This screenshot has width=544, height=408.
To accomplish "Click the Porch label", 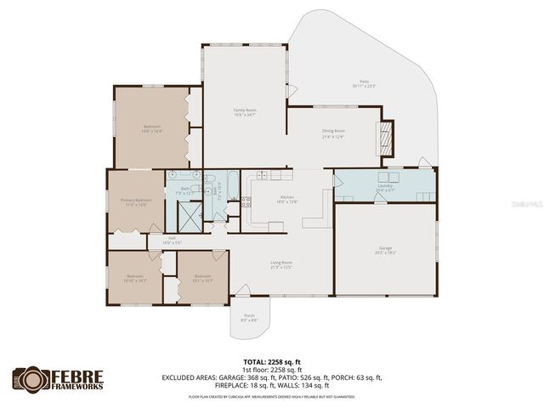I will pos(249,317).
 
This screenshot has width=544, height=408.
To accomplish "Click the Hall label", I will pos(171,241).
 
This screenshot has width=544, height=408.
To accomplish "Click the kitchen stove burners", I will pos(246,202).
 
